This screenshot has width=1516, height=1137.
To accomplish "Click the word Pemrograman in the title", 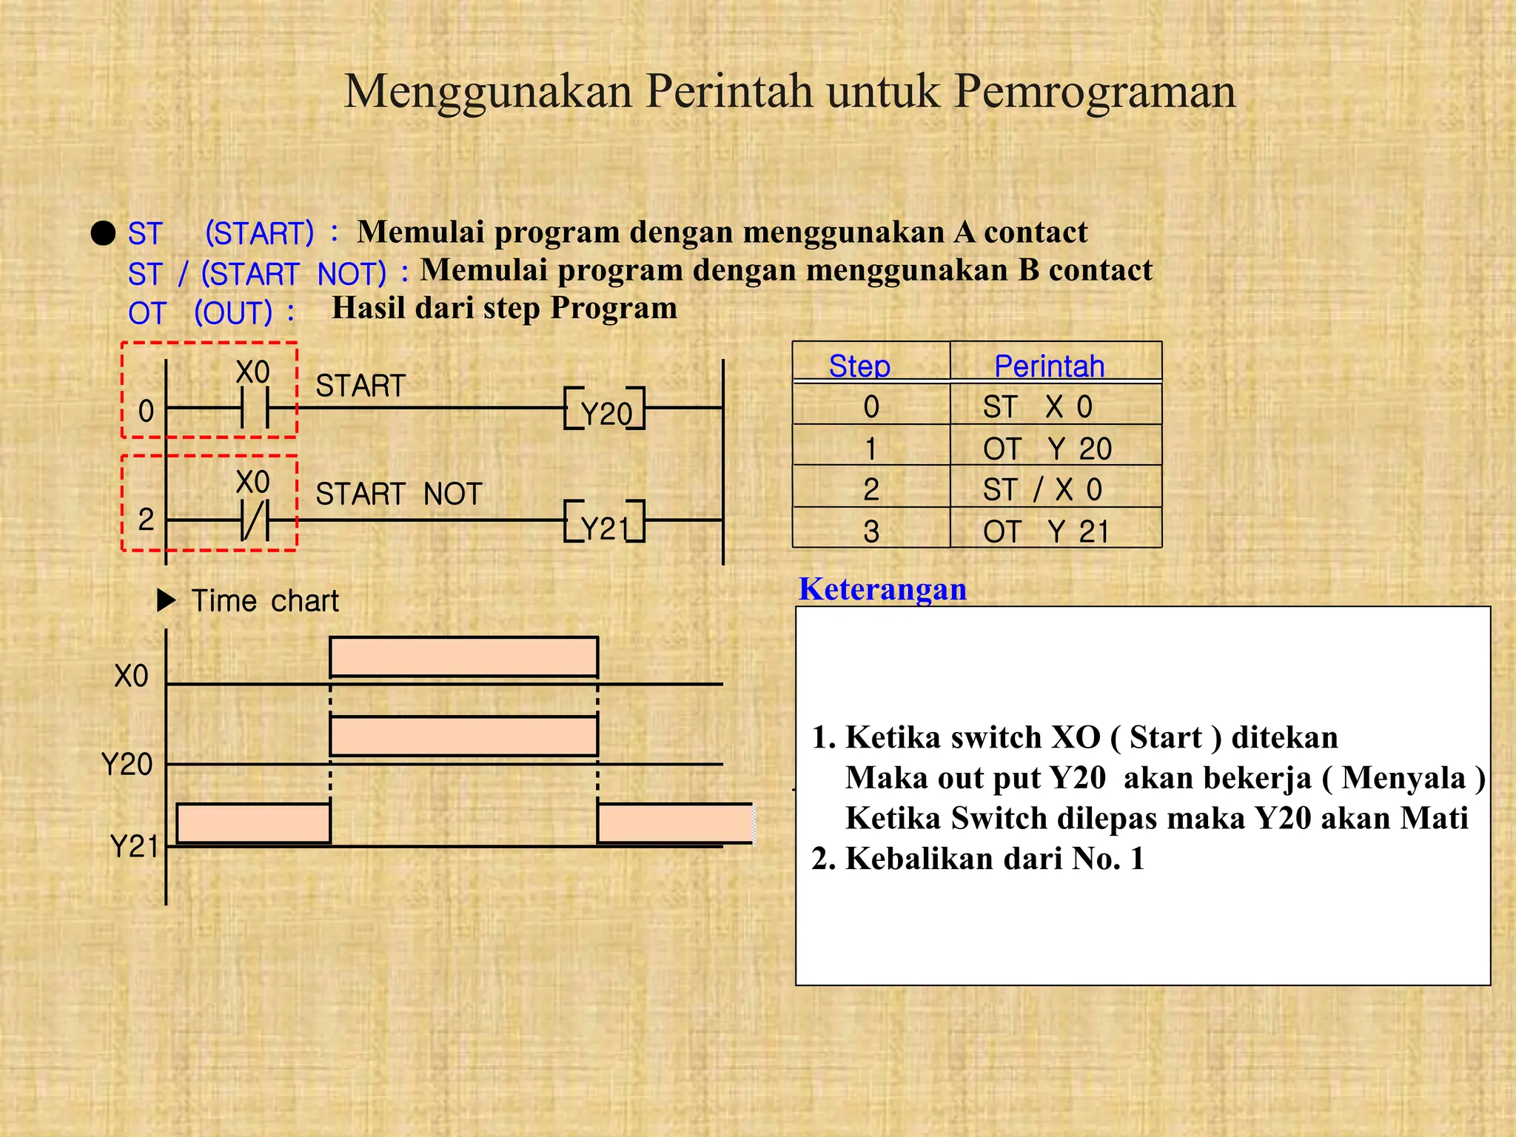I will coord(1094,92).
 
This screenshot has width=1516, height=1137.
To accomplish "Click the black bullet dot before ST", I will coord(104,233).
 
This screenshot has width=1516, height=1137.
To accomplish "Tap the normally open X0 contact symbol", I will coord(255,408).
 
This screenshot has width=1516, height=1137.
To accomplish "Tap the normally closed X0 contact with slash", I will coord(255,520).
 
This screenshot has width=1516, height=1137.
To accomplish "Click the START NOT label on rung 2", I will coord(398,494).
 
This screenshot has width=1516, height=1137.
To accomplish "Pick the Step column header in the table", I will coord(859,366).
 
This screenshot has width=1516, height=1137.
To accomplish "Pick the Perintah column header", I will coord(1049,366).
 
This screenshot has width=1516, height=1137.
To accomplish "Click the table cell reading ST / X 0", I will coord(1042,490).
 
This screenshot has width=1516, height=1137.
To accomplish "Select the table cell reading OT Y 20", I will coord(1047,449).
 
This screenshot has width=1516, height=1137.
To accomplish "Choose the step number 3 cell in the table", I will coord(871,531).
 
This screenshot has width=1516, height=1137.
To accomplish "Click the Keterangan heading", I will coord(882,589).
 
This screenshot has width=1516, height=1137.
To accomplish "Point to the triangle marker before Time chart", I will coord(166,600).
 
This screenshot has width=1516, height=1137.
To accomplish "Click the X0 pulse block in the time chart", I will coord(463,657).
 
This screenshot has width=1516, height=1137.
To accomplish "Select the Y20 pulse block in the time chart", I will coord(463,736).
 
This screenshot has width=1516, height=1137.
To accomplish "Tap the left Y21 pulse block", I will coord(253,823).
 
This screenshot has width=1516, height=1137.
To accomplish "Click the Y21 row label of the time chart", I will coord(133,845).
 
